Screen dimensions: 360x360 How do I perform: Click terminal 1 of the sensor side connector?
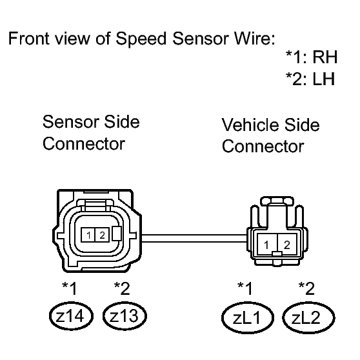[88, 235]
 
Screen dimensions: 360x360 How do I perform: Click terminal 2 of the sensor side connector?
[102, 235]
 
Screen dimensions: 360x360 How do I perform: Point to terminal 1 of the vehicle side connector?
[267, 245]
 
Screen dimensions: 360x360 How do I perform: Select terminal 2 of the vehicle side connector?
[287, 245]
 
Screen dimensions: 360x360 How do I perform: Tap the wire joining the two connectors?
[194, 239]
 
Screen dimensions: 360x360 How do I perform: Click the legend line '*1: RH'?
[312, 57]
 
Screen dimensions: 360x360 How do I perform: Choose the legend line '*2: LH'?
[310, 79]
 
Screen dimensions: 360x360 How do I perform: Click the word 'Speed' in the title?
[141, 39]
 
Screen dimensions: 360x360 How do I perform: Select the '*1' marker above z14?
[69, 288]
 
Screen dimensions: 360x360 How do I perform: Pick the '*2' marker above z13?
[122, 288]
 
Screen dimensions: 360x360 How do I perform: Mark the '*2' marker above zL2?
[306, 288]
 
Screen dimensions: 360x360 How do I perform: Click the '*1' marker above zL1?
[245, 288]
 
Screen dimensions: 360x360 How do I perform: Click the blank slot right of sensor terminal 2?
[117, 234]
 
